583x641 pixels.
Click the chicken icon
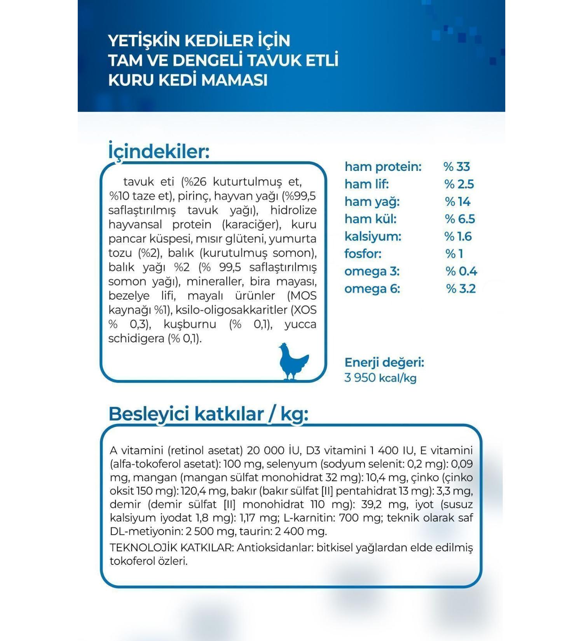[x=293, y=361]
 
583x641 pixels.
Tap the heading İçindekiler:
[x=159, y=152]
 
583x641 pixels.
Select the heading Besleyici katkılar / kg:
[x=208, y=414]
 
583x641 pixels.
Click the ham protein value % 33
[x=457, y=167]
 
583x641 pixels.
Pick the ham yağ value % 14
[x=457, y=202]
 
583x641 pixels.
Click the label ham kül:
[x=370, y=219]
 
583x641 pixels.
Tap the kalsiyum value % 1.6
[x=458, y=236]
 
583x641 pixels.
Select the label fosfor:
[x=363, y=254]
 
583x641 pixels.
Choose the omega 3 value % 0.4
[x=461, y=271]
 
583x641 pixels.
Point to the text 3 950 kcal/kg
[x=380, y=378]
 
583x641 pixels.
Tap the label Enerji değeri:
[x=384, y=362]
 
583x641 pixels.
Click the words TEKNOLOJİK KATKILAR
[x=171, y=548]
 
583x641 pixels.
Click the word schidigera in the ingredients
[x=136, y=339]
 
